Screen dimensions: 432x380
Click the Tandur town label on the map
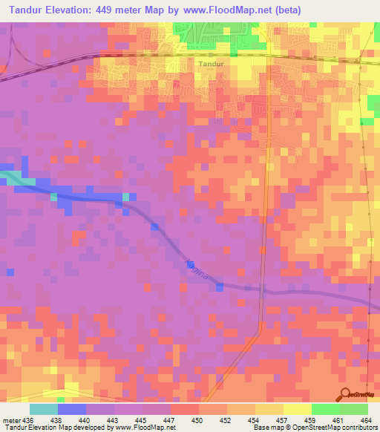click(211, 64)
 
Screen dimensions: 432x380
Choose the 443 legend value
click(114, 419)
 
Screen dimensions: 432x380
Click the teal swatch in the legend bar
click(44, 409)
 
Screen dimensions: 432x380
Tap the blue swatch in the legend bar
click(72, 409)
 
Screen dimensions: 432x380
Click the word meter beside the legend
click(10, 419)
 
